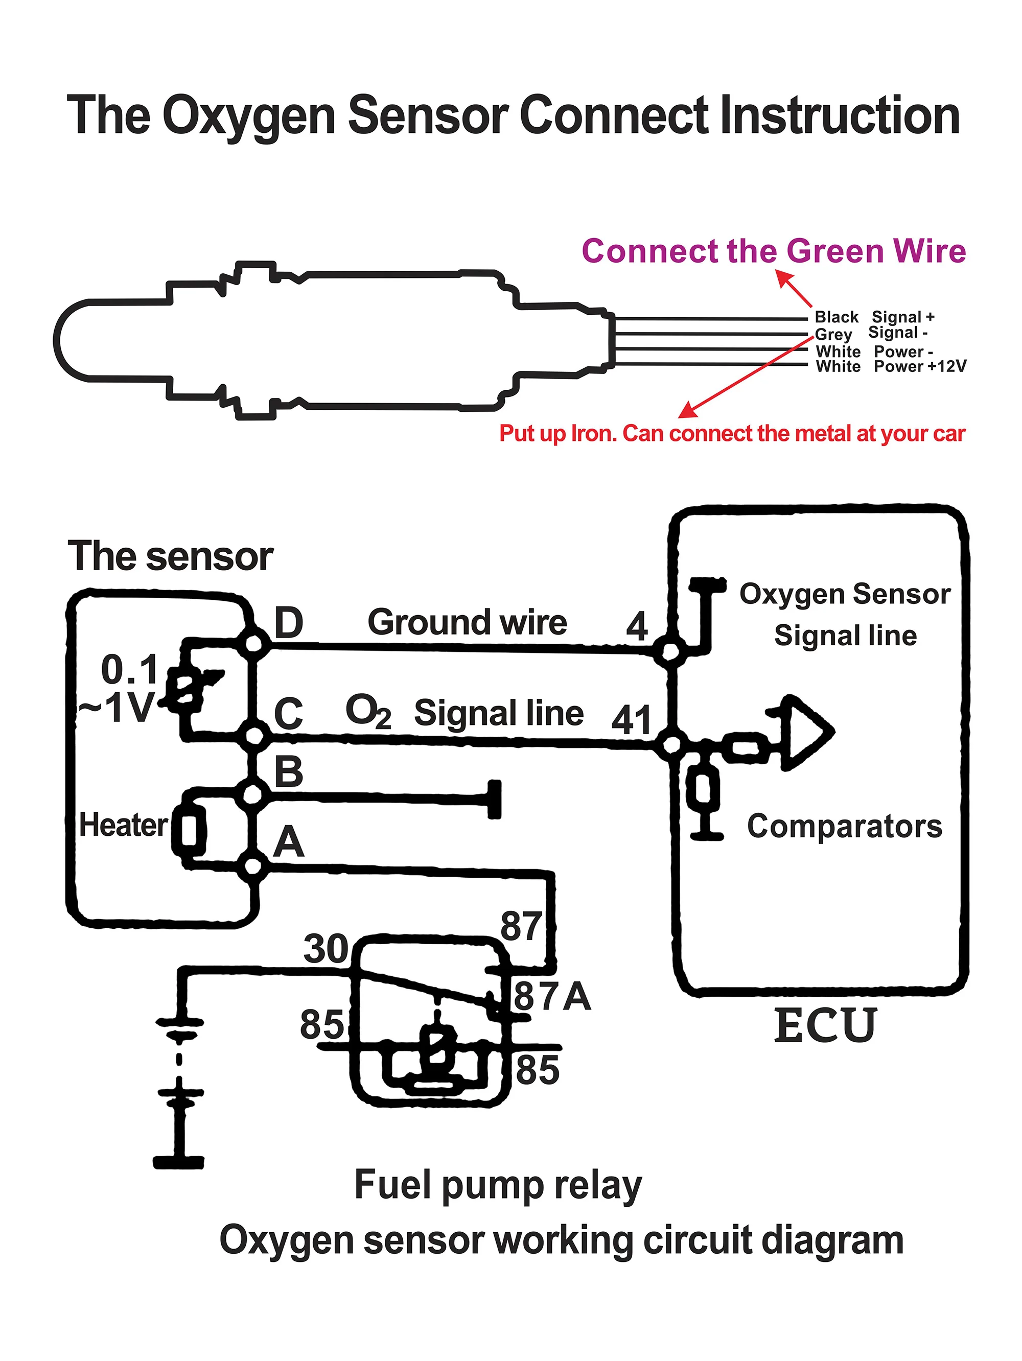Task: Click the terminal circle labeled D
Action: [253, 644]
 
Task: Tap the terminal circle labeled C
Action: [253, 735]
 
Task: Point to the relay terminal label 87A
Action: [552, 996]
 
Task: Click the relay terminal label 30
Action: [326, 948]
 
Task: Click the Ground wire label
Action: [467, 622]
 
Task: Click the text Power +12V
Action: [920, 367]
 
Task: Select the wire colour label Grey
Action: [833, 334]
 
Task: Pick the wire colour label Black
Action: [835, 317]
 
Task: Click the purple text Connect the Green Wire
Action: [774, 252]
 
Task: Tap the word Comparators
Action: [844, 826]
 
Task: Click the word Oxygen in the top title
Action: [248, 115]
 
